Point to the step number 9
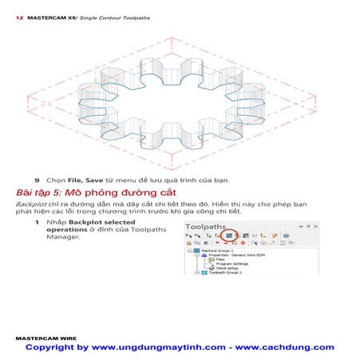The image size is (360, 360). point(37,180)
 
